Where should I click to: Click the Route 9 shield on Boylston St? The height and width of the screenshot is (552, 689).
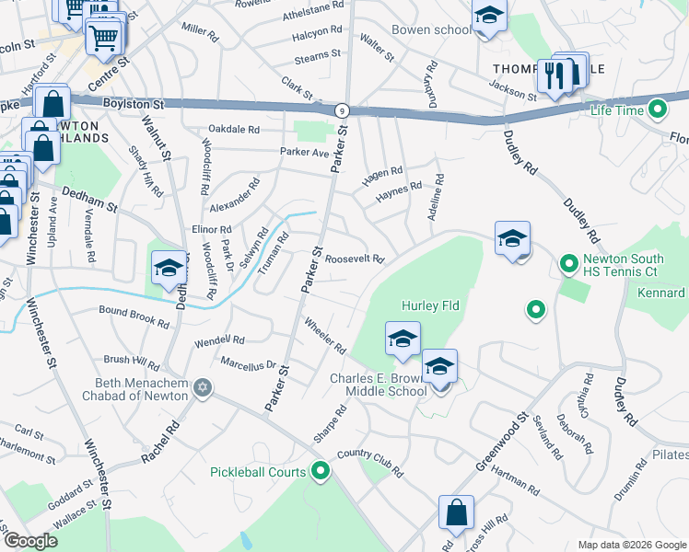click(x=342, y=109)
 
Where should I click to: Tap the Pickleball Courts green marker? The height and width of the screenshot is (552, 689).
click(x=321, y=472)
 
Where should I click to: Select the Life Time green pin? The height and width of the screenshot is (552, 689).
click(x=658, y=110)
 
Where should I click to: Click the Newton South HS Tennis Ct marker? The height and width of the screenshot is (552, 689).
click(x=568, y=266)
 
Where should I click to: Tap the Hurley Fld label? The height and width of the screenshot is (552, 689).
click(x=430, y=305)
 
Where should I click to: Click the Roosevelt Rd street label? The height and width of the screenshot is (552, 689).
click(x=355, y=259)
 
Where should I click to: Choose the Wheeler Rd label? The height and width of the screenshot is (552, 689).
click(x=324, y=337)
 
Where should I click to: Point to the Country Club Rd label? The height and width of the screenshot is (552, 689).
click(x=370, y=461)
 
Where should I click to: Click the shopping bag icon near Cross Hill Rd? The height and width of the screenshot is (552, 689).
click(x=456, y=515)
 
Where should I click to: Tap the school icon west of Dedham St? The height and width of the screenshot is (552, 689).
click(x=168, y=270)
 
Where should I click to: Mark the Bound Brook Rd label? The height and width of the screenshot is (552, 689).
click(x=134, y=317)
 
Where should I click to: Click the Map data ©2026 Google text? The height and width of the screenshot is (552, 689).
click(x=631, y=545)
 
